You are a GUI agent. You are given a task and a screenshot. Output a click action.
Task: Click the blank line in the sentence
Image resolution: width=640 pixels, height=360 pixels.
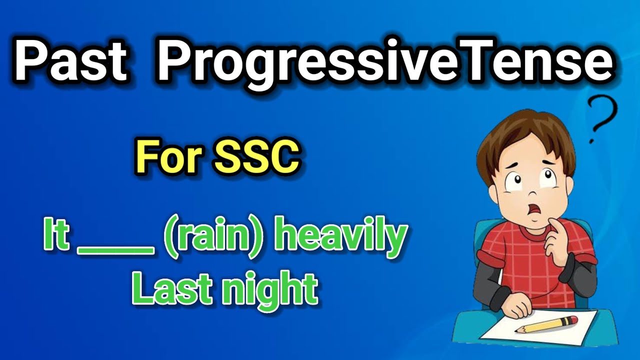(115, 250)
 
